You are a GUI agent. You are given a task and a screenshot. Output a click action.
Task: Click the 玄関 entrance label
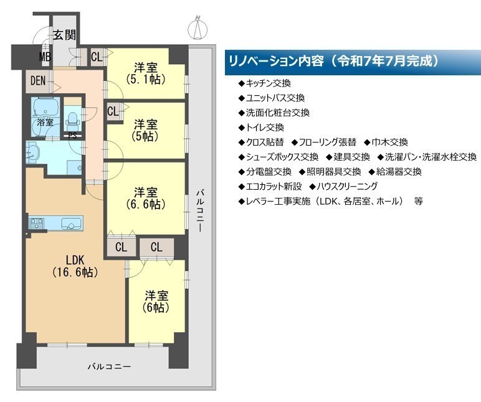[64, 35]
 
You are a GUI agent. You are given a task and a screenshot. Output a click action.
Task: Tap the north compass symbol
[198, 28]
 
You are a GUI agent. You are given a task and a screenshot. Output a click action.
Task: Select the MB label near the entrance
[45, 57]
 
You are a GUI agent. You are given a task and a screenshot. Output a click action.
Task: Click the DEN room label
[38, 81]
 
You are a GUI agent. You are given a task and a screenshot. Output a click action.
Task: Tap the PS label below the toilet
[72, 136]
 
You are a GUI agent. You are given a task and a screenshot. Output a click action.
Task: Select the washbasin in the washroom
[33, 152]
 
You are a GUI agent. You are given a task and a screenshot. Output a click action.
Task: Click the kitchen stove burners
[37, 223]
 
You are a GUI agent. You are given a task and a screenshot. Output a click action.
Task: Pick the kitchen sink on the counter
[72, 223]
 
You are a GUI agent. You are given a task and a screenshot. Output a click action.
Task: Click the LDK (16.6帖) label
[75, 266]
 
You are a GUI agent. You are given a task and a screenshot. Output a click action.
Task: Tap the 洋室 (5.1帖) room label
[146, 73]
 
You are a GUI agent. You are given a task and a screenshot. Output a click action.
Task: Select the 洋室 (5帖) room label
[145, 130]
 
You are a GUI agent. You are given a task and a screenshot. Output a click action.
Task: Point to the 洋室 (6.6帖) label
[146, 199]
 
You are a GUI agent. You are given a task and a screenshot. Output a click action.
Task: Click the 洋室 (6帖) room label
[156, 301]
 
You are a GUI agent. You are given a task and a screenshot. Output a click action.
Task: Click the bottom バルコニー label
[109, 367]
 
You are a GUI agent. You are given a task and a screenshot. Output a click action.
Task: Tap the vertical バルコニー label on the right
[200, 211]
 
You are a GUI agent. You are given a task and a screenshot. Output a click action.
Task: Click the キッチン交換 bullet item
[264, 83]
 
